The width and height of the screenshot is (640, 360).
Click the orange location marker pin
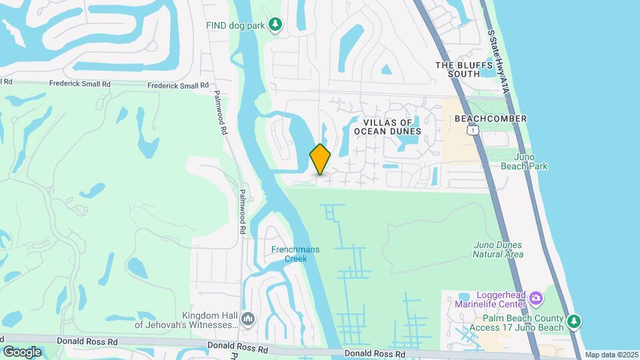coord(321,159)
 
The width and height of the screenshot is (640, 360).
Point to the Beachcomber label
coord(491,119)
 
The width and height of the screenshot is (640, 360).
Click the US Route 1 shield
coord(473,131)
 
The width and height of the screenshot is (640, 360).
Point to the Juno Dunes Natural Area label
coord(499,249)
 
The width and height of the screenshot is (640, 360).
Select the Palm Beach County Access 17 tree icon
coord(573,323)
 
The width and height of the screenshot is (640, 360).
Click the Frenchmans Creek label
coord(295,254)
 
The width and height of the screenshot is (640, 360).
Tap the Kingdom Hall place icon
coord(248,319)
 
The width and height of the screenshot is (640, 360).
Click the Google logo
coord(22,351)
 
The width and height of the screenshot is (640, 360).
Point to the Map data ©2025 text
coord(611,355)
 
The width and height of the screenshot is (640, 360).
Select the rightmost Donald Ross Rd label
coord(375,354)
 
